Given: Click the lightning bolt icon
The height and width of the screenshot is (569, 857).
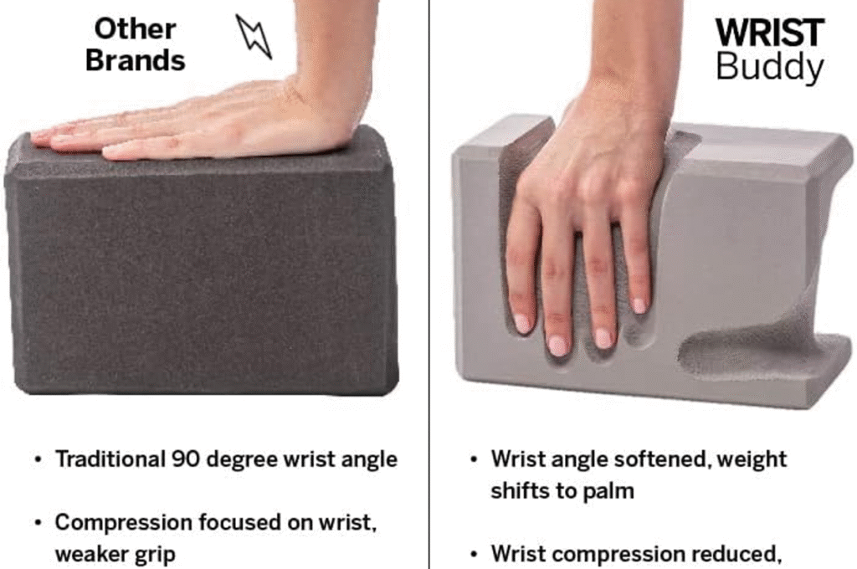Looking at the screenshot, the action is pyautogui.click(x=254, y=36).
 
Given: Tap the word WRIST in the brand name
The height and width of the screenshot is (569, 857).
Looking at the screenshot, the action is pyautogui.click(x=770, y=33).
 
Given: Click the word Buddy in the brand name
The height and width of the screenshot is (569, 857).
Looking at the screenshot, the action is pyautogui.click(x=770, y=66).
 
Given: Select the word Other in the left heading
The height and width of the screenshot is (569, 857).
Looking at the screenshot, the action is pyautogui.click(x=135, y=28).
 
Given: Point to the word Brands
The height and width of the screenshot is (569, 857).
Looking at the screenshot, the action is pyautogui.click(x=135, y=59).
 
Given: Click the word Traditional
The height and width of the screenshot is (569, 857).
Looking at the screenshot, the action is pyautogui.click(x=110, y=459).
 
